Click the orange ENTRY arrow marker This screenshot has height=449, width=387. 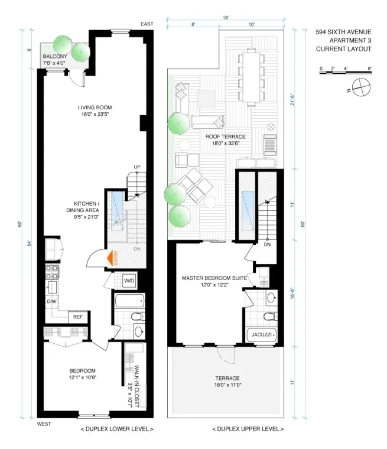[x=110, y=258]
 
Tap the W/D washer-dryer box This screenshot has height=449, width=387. [x=129, y=281]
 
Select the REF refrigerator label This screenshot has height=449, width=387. [x=77, y=317]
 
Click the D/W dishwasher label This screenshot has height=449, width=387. [x=51, y=302]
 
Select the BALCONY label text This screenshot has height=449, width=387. [x=54, y=57]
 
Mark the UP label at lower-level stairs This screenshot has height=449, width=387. [x=136, y=167]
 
